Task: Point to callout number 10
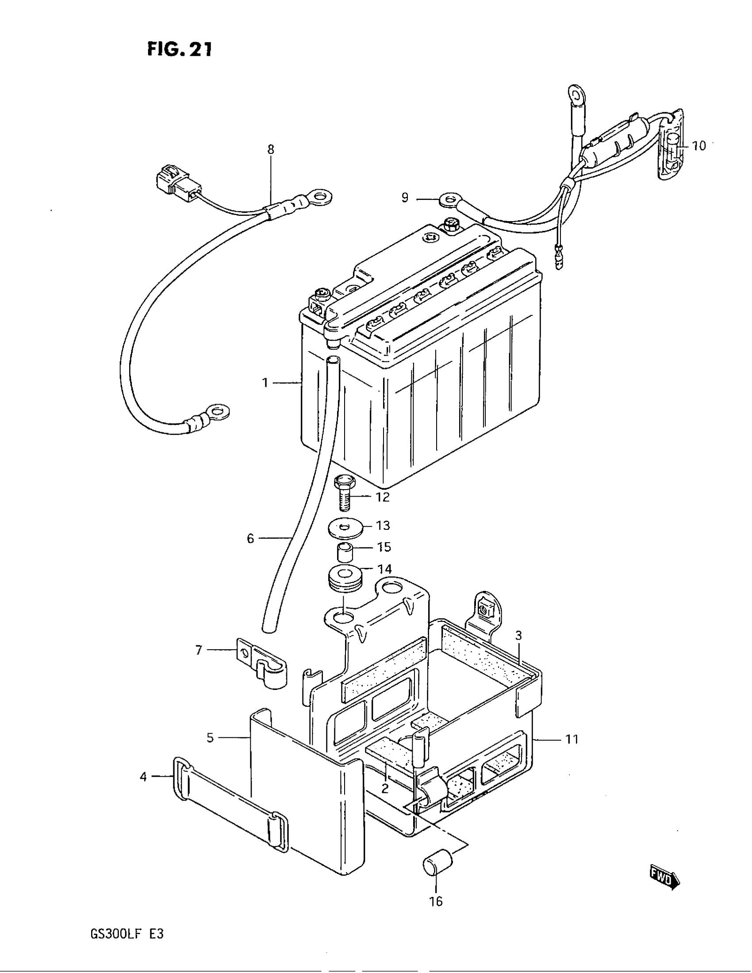(x=699, y=146)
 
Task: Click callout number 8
(x=271, y=149)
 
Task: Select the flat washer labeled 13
(x=344, y=529)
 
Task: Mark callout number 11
(x=572, y=740)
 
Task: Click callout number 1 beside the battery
(x=265, y=383)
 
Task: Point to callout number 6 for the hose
(x=250, y=539)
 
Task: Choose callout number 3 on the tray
(x=518, y=636)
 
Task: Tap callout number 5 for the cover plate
(x=210, y=738)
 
